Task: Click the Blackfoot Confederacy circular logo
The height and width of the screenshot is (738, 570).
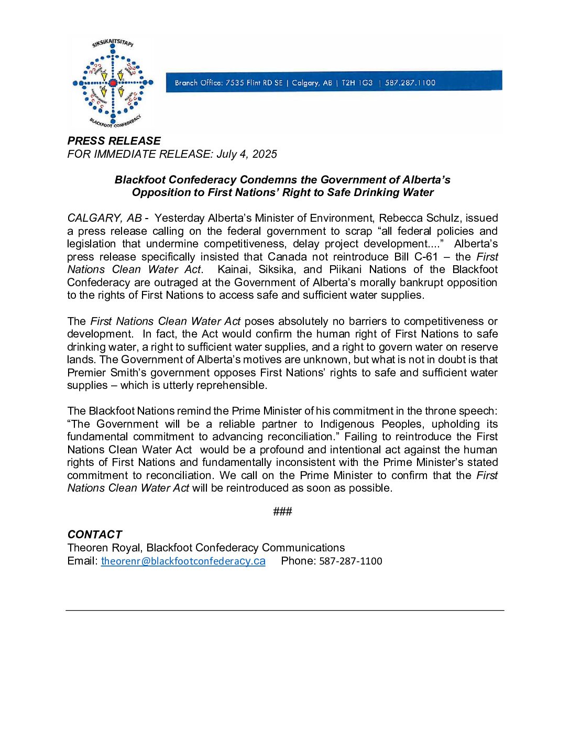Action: (x=113, y=83)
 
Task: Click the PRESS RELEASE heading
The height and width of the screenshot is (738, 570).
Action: (x=114, y=141)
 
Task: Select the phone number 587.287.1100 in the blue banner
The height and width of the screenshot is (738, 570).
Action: (x=410, y=83)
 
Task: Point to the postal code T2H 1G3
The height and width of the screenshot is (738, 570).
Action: (x=357, y=83)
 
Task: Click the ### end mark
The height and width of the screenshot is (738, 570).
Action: (x=282, y=512)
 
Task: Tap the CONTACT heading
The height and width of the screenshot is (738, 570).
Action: (x=95, y=535)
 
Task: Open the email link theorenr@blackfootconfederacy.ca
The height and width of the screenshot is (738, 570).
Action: (x=183, y=561)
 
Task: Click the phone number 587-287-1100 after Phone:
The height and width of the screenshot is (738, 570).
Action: (x=350, y=561)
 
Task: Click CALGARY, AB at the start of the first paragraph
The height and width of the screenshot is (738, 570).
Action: (x=104, y=218)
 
